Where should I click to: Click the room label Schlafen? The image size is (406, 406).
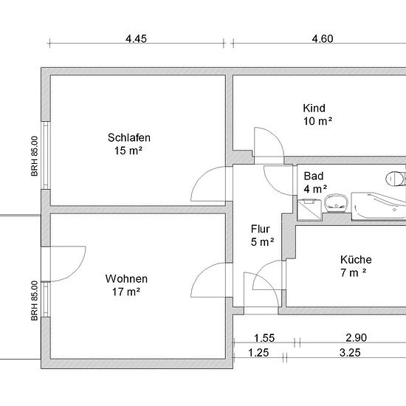click(129, 137)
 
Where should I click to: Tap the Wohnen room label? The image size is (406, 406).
click(126, 279)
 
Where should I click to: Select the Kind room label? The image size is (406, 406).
click(314, 109)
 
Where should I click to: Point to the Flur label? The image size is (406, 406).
click(261, 229)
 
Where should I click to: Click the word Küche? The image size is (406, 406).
click(356, 260)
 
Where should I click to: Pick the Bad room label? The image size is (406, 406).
click(314, 176)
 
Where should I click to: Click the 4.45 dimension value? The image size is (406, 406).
click(137, 39)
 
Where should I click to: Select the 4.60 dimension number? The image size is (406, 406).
click(323, 39)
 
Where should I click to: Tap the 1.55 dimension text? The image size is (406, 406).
click(264, 338)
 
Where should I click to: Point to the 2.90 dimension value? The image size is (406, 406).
click(357, 337)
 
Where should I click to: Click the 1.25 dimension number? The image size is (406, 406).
click(258, 353)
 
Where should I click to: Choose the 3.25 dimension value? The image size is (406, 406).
click(350, 353)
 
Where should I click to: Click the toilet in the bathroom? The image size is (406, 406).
click(396, 178)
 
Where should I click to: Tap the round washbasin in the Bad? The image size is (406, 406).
click(336, 203)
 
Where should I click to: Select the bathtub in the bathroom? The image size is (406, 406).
click(379, 206)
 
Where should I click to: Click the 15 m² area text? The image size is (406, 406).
click(128, 151)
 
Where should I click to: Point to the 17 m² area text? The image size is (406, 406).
click(126, 292)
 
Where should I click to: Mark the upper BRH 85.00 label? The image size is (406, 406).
click(35, 156)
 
